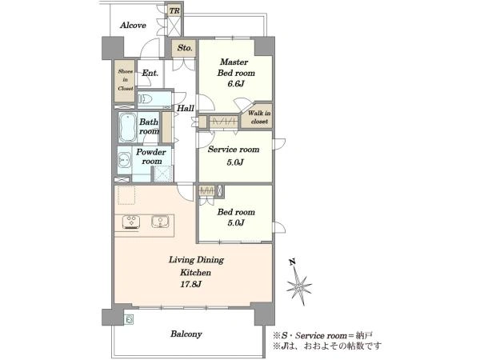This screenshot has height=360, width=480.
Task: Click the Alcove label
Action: point(133,25)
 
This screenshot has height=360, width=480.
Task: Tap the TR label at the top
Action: point(174,11)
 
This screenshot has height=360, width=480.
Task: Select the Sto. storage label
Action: point(185,48)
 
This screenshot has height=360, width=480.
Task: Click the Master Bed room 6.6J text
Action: point(236,73)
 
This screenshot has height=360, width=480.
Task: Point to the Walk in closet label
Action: point(259,118)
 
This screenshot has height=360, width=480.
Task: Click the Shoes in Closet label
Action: point(126,80)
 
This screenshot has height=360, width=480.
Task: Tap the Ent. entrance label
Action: point(150,73)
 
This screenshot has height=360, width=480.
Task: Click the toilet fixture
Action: point(146,99)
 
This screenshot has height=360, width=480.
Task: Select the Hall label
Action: point(186,108)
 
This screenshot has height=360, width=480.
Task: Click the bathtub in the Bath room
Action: point(128,127)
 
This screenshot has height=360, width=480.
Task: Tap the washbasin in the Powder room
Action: point(124,160)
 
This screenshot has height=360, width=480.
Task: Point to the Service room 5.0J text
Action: point(234,155)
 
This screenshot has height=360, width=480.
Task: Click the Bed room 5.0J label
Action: point(236,217)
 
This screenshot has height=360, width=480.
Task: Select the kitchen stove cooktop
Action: point(131,222)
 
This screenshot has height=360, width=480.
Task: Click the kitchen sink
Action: point(160,222)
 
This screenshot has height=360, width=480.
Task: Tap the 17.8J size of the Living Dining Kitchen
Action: point(190,284)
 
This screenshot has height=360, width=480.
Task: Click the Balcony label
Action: point(186,334)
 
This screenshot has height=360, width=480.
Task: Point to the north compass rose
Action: point(299,286)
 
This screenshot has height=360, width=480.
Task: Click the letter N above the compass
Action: point(292,262)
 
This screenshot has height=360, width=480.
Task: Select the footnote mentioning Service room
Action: point(323,335)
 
